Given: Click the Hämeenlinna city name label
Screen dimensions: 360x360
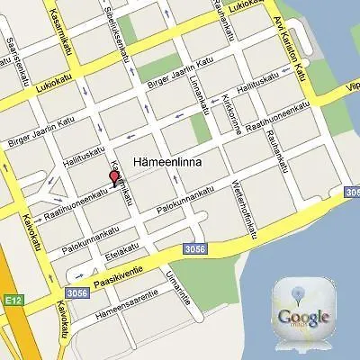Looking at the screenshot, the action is point(166,163).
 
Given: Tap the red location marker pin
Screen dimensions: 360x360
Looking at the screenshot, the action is point(112,178).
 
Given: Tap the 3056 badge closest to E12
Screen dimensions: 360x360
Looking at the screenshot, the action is point(76,292).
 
